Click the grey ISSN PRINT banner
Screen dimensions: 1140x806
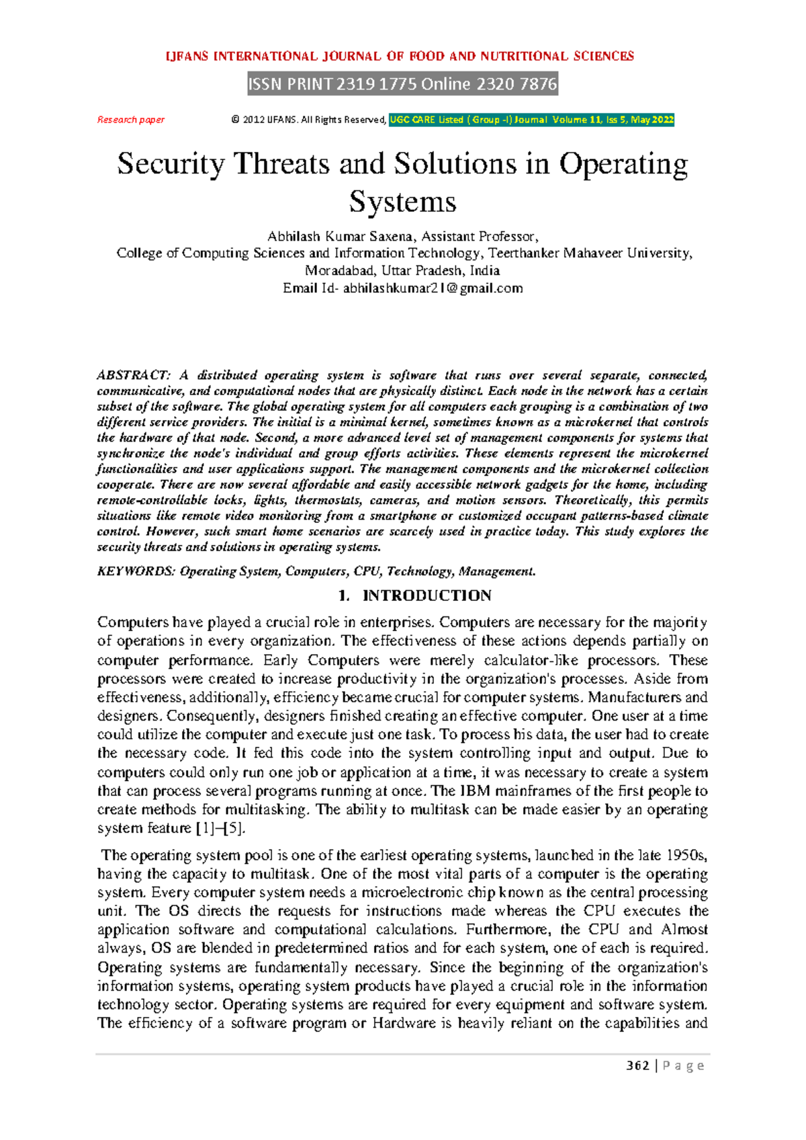click(403, 84)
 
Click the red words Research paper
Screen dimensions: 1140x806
click(131, 120)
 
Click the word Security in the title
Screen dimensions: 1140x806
click(171, 164)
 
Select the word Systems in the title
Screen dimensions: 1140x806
click(402, 202)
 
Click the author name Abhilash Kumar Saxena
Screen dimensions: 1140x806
click(342, 237)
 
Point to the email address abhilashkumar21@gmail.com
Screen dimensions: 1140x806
click(433, 288)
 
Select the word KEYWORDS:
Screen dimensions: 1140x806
click(136, 571)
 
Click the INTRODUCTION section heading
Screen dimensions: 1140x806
click(427, 596)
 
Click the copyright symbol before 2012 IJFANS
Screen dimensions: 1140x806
click(235, 120)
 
